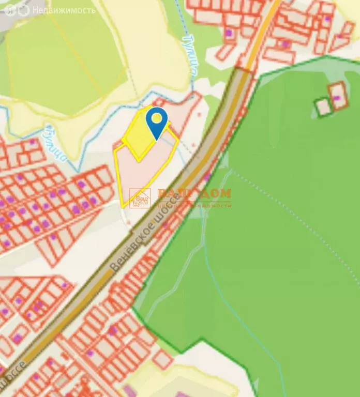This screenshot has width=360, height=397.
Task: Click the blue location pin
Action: pos(156,121)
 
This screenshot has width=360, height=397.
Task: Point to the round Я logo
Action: pos(11,10)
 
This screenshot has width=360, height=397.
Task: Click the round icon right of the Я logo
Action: pos(23,10)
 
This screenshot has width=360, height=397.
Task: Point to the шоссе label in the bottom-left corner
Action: pos(16,377)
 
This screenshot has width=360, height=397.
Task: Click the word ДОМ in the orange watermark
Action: pos(213,193)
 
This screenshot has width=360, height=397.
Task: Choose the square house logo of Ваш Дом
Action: pos(140,198)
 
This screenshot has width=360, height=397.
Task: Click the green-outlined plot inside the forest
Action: pos(324,106)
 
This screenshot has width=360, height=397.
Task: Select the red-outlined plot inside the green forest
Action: pos(339,96)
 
